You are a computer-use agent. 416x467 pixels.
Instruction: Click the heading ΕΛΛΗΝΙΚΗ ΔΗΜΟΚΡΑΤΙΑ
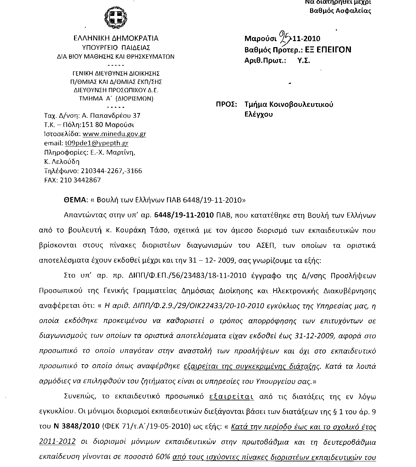pyautogui.click(x=116, y=38)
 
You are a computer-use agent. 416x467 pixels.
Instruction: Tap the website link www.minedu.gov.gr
pyautogui.click(x=114, y=134)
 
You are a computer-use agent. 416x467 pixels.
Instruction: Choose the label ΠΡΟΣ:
pyautogui.click(x=226, y=104)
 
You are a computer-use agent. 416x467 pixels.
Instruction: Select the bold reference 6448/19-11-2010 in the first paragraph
pyautogui.click(x=184, y=215)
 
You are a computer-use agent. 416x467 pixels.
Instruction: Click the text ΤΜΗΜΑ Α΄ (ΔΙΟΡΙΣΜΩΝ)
pyautogui.click(x=116, y=99)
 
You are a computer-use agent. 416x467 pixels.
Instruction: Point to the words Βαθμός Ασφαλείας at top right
pyautogui.click(x=340, y=11)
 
